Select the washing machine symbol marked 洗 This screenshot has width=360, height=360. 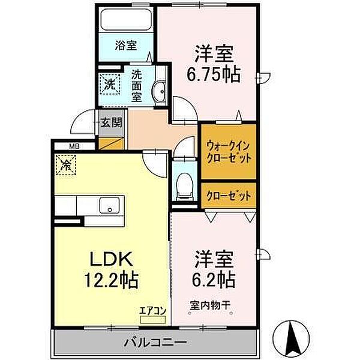pyautogui.click(x=110, y=83)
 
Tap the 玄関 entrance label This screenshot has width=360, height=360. pyautogui.click(x=111, y=123)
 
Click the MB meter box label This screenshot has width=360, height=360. pyautogui.click(x=74, y=145)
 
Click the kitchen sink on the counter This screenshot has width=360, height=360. pyautogui.click(x=109, y=205)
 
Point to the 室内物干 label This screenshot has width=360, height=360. pyautogui.click(x=211, y=305)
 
